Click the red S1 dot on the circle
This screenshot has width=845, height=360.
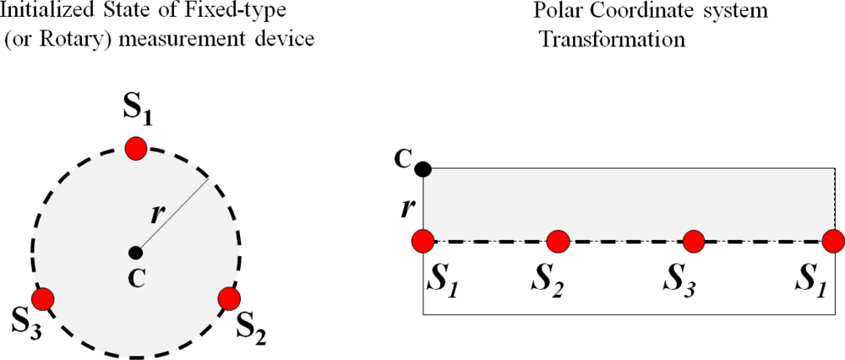click(x=135, y=149)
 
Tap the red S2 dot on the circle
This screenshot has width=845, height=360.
click(x=229, y=298)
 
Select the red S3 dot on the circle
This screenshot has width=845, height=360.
click(x=42, y=298)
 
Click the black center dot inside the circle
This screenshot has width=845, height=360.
click(x=135, y=252)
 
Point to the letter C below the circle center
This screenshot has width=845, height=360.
click(x=135, y=276)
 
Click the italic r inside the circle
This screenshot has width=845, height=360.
click(x=155, y=212)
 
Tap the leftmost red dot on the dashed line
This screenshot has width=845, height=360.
click(x=424, y=242)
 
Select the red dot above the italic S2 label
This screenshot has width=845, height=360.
click(x=558, y=242)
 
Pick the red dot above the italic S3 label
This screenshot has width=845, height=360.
click(x=694, y=242)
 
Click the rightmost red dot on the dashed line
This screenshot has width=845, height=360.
click(x=834, y=242)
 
